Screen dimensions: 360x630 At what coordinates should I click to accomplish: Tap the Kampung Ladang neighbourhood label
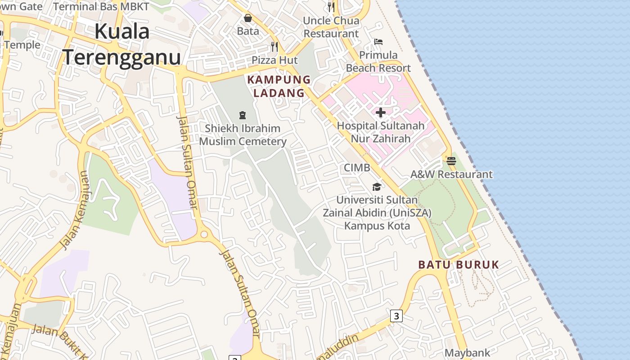(x=279, y=86)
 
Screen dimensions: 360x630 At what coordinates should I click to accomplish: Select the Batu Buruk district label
(x=459, y=265)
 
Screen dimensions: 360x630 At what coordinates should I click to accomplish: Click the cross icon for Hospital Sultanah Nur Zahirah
(x=381, y=112)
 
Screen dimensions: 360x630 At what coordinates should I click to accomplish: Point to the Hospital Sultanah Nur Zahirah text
(x=381, y=132)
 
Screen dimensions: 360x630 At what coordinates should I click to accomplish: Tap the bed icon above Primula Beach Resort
(x=378, y=42)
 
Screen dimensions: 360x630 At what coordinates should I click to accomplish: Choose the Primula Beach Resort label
(x=378, y=62)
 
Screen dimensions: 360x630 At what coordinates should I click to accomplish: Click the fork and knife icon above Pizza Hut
(x=274, y=46)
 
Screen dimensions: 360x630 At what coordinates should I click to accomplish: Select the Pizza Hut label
(x=274, y=60)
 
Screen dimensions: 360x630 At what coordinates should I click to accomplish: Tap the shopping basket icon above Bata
(x=248, y=18)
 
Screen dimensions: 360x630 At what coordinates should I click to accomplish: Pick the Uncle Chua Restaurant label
(x=331, y=27)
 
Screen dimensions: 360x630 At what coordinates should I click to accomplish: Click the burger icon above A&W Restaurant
(x=451, y=161)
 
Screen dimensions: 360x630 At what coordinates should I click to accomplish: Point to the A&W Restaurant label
(x=451, y=174)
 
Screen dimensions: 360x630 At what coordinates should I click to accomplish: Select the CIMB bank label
(x=357, y=168)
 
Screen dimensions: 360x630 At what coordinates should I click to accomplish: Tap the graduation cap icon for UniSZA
(x=377, y=187)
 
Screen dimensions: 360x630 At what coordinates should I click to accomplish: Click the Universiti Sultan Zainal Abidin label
(x=377, y=212)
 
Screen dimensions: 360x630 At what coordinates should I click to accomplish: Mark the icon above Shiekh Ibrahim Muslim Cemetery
(x=243, y=115)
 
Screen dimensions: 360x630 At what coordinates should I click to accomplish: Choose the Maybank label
(x=467, y=353)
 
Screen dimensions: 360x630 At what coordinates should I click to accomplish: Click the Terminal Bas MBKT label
(x=101, y=6)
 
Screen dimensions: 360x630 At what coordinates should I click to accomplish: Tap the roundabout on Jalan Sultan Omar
(x=204, y=234)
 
